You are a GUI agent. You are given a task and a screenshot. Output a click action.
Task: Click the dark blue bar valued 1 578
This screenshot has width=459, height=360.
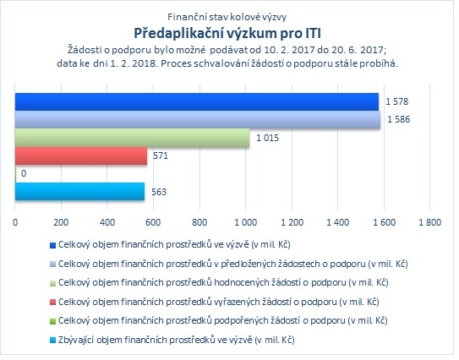pyautogui.click(x=197, y=102)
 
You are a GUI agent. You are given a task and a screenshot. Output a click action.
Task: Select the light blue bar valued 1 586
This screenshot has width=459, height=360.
pyautogui.click(x=198, y=119)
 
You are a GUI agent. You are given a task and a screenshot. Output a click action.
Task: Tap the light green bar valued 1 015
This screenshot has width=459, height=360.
pyautogui.click(x=132, y=138)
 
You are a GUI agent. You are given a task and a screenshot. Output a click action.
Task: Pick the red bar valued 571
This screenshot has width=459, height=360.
pyautogui.click(x=81, y=155)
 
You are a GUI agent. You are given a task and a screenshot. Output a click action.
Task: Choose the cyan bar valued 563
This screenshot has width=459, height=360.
pyautogui.click(x=79, y=192)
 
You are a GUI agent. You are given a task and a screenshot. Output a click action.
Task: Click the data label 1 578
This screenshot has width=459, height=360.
pyautogui.click(x=396, y=101)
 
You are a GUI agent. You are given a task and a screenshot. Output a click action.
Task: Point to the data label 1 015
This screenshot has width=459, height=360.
pyautogui.click(x=267, y=138)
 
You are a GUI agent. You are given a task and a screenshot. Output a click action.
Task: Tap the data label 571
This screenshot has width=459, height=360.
pyautogui.click(x=161, y=155)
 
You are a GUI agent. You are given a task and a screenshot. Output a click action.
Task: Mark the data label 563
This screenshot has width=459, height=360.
pyautogui.click(x=159, y=192)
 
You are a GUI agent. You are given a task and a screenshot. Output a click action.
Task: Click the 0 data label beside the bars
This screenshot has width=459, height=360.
pyautogui.click(x=24, y=173)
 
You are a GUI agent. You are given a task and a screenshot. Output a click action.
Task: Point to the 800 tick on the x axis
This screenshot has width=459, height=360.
pyautogui.click(x=199, y=222)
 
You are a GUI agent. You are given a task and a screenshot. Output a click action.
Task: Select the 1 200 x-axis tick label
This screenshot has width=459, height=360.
pyautogui.click(x=292, y=222)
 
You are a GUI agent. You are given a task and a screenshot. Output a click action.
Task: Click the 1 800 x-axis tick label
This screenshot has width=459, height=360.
pyautogui.click(x=429, y=222)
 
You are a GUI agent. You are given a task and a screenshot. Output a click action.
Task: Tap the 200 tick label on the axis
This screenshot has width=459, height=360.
pyautogui.click(x=61, y=222)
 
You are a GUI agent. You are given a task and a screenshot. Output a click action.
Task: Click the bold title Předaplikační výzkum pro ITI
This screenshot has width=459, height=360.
pyautogui.click(x=227, y=33)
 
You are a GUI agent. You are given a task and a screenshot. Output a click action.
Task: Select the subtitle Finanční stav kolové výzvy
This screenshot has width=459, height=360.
pyautogui.click(x=227, y=17)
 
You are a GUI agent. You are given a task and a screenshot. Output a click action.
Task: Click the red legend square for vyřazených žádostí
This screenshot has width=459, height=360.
pyautogui.click(x=52, y=302)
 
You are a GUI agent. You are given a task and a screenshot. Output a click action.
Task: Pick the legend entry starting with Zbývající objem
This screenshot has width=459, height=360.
pyautogui.click(x=176, y=340)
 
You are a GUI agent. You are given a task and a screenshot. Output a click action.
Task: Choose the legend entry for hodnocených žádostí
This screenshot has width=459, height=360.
pyautogui.click(x=223, y=283)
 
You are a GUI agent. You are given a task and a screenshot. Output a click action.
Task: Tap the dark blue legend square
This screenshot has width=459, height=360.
pyautogui.click(x=52, y=245)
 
